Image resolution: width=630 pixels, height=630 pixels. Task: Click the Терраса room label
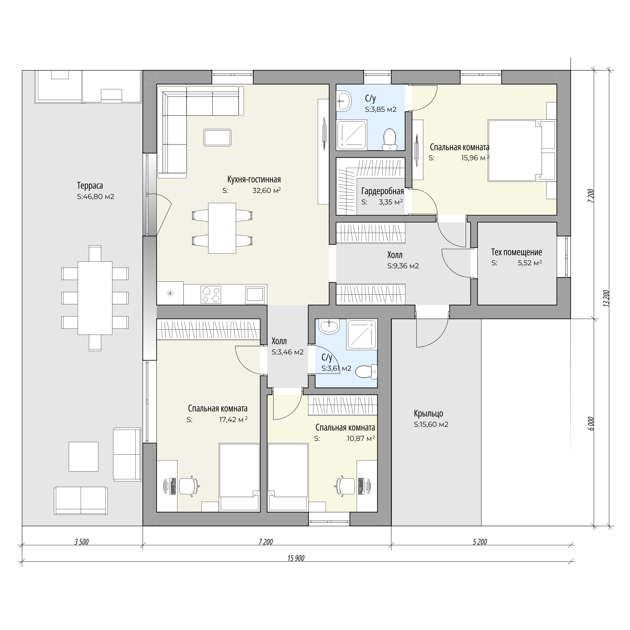[90, 186]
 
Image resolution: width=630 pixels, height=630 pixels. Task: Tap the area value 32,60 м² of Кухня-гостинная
[267, 190]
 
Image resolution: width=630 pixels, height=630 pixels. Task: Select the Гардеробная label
[383, 191]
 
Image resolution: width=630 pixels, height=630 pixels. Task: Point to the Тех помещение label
[516, 252]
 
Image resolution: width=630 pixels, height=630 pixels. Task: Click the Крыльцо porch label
[429, 413]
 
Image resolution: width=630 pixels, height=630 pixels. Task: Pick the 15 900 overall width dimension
[296, 558]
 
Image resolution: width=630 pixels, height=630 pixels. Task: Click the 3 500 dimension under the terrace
[82, 542]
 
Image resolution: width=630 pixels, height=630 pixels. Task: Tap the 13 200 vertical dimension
[606, 298]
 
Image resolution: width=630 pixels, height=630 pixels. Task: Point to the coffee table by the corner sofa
[218, 137]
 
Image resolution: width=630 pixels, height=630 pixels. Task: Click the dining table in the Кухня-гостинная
[222, 228]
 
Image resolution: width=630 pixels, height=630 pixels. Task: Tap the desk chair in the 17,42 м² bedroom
[190, 487]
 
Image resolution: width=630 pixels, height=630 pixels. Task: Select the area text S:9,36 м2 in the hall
[403, 266]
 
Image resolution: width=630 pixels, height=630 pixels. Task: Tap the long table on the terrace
[95, 298]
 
